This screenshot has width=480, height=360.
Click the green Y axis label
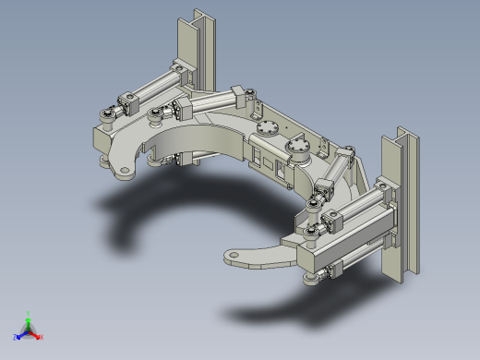[x=29, y=313]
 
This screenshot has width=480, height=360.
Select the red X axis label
[x=42, y=337]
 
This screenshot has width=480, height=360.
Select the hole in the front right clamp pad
[x=234, y=256]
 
